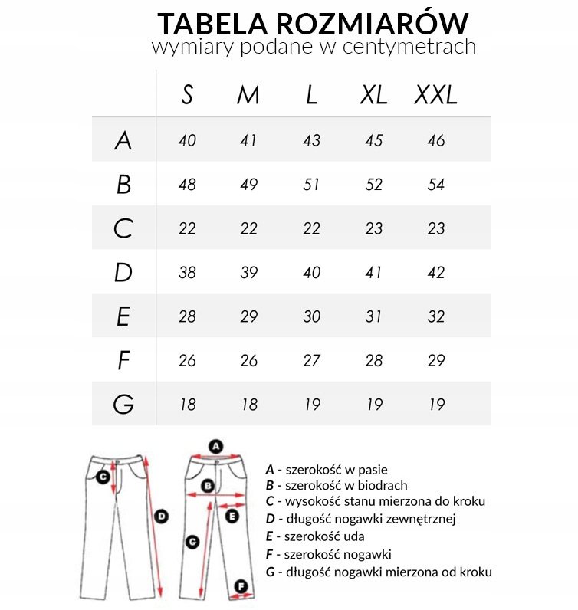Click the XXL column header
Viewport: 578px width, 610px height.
coord(435,95)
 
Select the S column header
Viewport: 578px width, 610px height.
coord(187,95)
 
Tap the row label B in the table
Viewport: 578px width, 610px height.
coord(123,185)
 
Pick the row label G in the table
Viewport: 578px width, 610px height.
coord(123,405)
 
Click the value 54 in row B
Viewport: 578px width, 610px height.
coord(435,185)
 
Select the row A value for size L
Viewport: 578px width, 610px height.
coord(311,141)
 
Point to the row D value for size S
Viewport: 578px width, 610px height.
coord(187,273)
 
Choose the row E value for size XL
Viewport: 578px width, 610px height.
coord(373,316)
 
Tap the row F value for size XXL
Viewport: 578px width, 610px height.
coord(435,360)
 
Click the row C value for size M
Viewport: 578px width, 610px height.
coord(249,228)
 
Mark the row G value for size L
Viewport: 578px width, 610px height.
coord(311,405)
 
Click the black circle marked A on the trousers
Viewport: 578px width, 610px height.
coord(215,445)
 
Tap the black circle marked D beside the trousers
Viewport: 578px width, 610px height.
coord(161,517)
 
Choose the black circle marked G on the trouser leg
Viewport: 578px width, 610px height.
coord(193,541)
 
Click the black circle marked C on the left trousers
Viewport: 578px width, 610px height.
coord(102,477)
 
